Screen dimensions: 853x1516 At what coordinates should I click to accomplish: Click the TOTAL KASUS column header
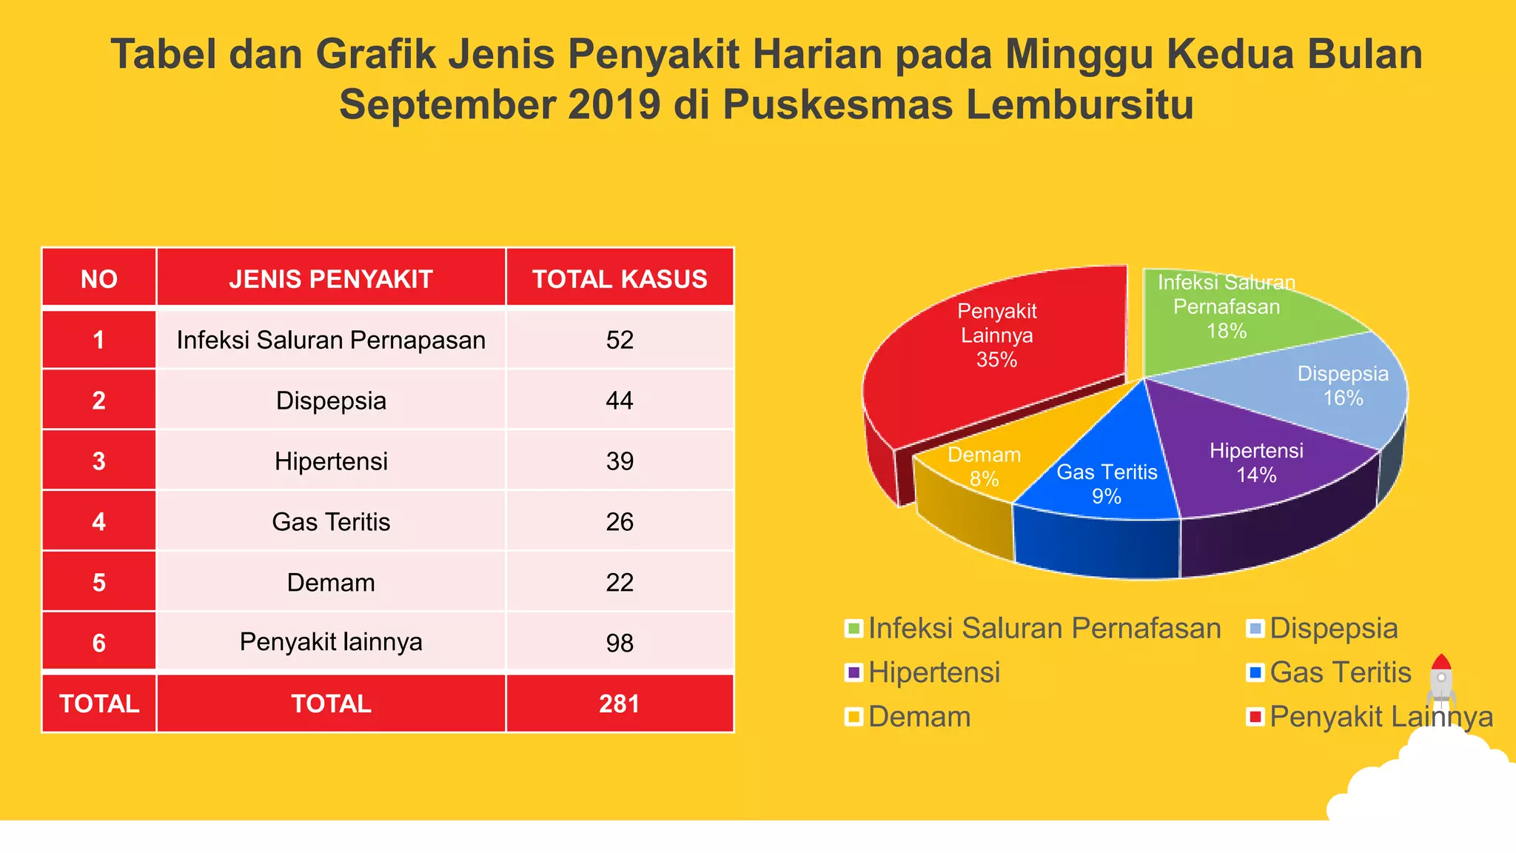point(620,279)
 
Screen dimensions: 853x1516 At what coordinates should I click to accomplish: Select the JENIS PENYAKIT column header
point(331,279)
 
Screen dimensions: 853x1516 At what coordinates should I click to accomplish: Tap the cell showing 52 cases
point(620,340)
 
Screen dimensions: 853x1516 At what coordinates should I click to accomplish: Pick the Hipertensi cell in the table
point(331,461)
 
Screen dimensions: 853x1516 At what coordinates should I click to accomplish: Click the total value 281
point(620,703)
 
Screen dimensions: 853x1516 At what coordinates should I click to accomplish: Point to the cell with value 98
point(620,643)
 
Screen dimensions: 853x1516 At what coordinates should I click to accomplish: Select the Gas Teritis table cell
point(331,522)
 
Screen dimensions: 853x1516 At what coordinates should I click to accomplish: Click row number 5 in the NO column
point(99,583)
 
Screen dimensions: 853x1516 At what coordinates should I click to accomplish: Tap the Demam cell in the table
point(331,583)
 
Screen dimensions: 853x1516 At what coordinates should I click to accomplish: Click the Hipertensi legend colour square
point(854,673)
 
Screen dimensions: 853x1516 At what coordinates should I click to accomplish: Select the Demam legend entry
point(919,717)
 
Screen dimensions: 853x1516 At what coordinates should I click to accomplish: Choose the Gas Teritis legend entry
point(1340,673)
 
